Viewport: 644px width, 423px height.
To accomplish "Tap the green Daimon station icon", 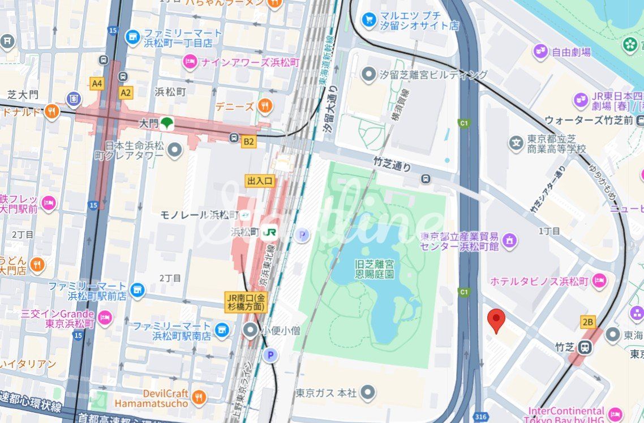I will [166, 123].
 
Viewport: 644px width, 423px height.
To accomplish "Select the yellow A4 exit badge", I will [97, 83].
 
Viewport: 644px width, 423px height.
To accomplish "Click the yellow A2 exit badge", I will [125, 93].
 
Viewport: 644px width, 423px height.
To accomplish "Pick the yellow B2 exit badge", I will [248, 142].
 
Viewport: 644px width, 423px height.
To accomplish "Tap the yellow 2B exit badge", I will [588, 322].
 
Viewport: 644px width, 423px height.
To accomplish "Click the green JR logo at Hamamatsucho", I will [271, 232].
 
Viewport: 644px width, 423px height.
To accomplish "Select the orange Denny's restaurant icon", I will [264, 105].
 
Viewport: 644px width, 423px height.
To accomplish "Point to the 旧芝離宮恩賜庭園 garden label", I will [374, 269].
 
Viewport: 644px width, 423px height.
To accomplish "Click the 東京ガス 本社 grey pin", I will [368, 392].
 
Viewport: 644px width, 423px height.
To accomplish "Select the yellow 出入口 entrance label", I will [260, 181].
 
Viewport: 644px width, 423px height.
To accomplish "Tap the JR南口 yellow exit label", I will [246, 302].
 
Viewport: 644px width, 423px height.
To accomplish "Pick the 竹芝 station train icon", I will [585, 348].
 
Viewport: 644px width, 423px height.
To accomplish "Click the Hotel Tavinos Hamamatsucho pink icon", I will [599, 281].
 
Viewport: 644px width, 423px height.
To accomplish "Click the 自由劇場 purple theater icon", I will [540, 52].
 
